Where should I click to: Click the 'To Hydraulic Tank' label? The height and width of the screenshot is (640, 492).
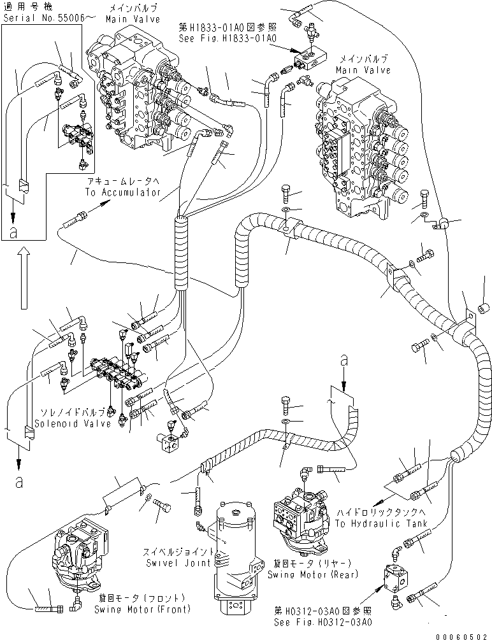[375, 524]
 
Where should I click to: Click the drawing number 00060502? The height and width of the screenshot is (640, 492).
[463, 636]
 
